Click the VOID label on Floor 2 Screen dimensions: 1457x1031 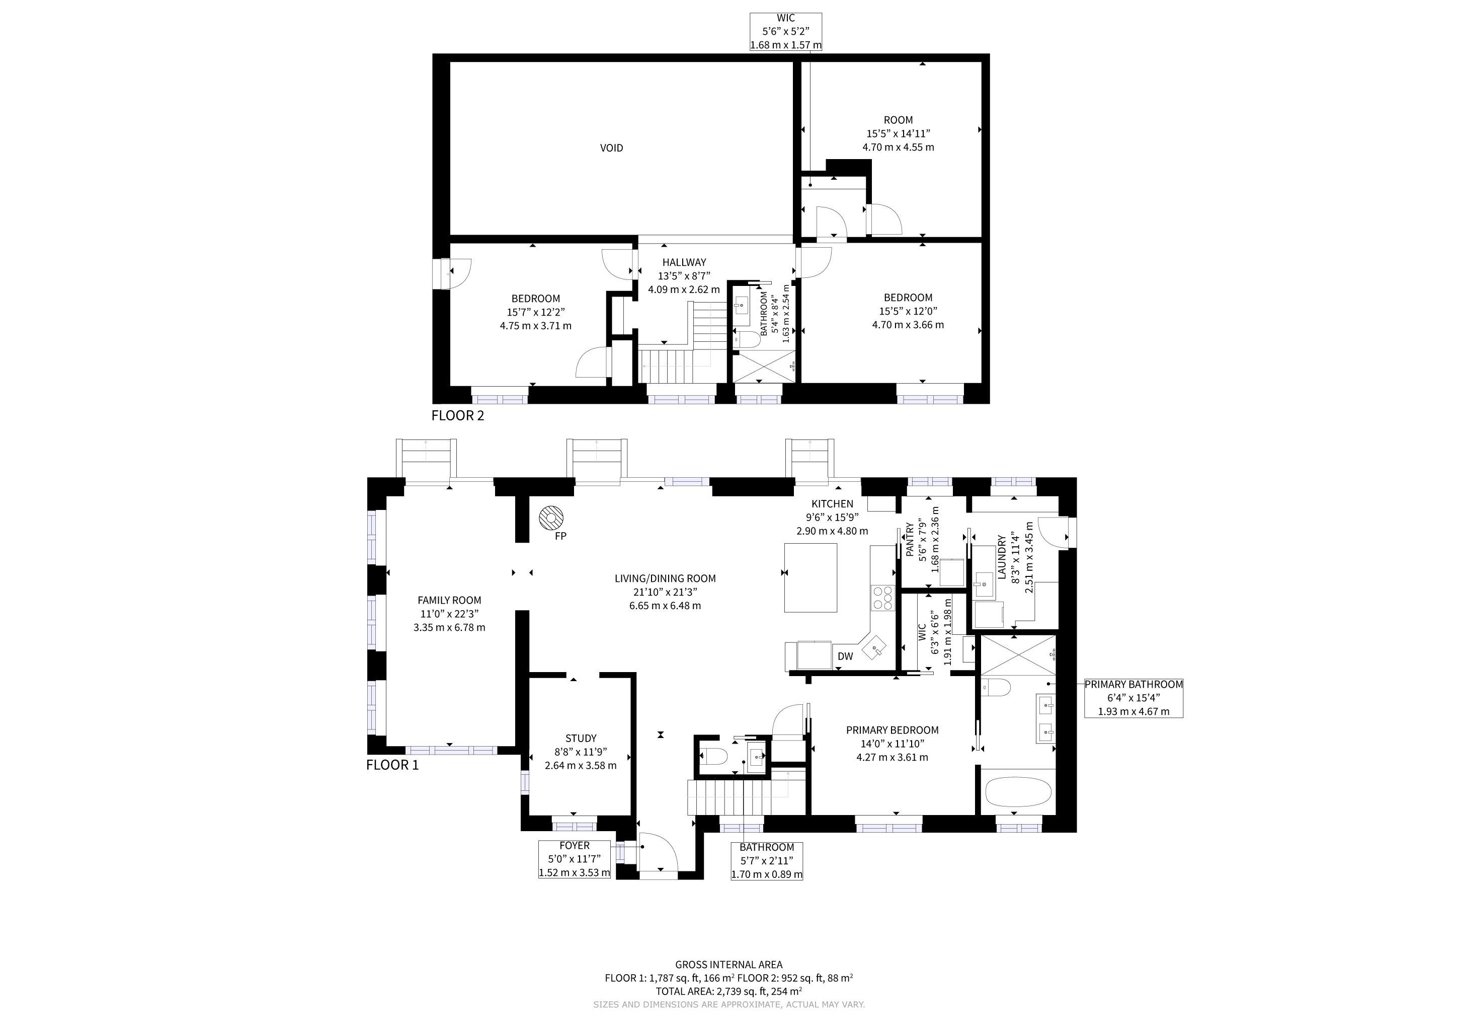(611, 148)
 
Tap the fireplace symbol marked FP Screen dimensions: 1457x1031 (551, 518)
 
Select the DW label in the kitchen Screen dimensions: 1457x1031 (845, 656)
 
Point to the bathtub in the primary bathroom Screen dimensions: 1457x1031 (1018, 792)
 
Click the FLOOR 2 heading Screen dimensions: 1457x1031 (457, 416)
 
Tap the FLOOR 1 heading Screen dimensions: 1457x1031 (392, 765)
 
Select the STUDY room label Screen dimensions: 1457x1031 (581, 739)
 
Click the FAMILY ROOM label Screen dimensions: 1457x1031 (449, 600)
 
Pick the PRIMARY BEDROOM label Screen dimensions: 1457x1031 (892, 730)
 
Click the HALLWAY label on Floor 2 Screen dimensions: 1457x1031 (684, 262)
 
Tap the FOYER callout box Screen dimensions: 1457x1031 (574, 859)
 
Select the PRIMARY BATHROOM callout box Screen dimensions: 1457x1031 (1134, 698)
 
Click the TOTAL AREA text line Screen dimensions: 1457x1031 (728, 991)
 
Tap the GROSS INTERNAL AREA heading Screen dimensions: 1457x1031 (728, 965)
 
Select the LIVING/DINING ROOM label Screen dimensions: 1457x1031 (665, 578)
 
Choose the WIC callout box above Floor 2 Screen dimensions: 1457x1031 (786, 32)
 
